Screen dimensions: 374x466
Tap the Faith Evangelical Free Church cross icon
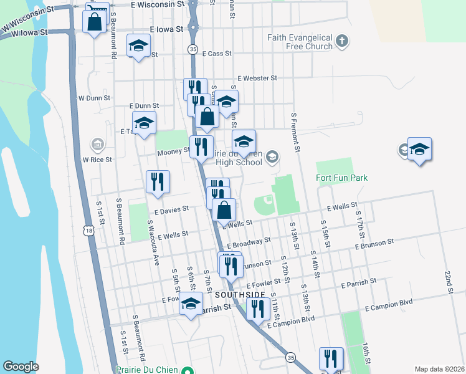click(x=341, y=42)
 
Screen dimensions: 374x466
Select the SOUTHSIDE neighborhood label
click(x=240, y=294)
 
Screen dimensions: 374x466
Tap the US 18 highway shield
click(x=91, y=231)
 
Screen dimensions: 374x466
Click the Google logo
click(x=21, y=367)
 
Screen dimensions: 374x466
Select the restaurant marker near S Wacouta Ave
click(x=158, y=181)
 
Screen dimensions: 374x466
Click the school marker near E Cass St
click(x=138, y=46)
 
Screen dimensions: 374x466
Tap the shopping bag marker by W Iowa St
click(x=94, y=22)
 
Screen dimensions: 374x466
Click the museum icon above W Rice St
click(x=97, y=145)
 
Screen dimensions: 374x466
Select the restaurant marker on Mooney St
click(x=201, y=147)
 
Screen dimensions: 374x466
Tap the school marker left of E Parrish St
click(x=191, y=304)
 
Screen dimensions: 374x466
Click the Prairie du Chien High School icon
click(x=272, y=156)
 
